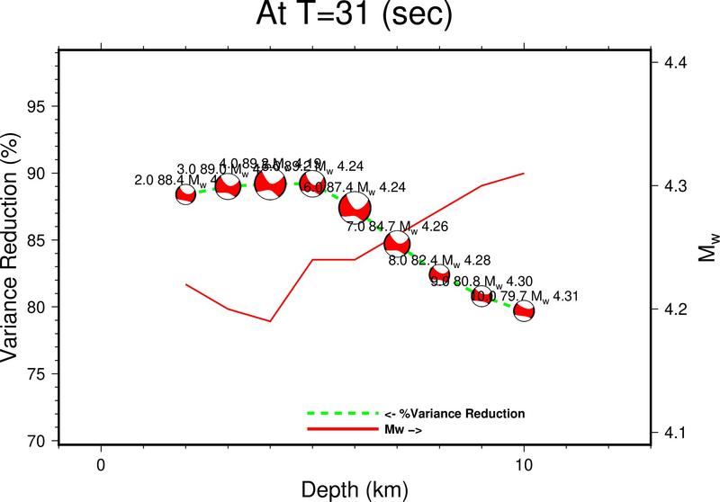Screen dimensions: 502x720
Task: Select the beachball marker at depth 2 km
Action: pyautogui.click(x=185, y=194)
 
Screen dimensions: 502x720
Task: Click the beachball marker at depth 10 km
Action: pyautogui.click(x=524, y=312)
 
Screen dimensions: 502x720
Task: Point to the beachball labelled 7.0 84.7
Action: pyautogui.click(x=397, y=243)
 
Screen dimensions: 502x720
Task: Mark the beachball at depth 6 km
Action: pyautogui.click(x=355, y=207)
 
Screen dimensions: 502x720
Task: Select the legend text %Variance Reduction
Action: pyautogui.click(x=454, y=414)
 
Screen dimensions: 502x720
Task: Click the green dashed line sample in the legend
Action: pyautogui.click(x=342, y=414)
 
